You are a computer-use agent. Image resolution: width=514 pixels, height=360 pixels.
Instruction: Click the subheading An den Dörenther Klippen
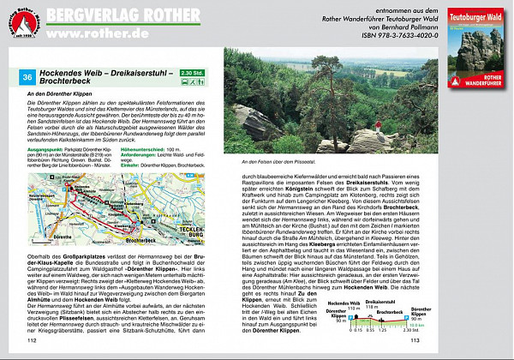tap(59, 92)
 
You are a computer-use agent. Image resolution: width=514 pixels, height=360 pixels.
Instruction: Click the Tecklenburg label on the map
tap(194, 209)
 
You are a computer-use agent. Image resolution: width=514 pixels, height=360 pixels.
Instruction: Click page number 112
tap(35, 339)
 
